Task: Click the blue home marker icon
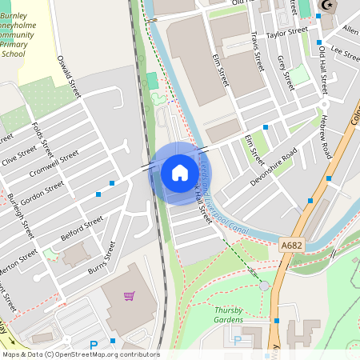[x=179, y=173]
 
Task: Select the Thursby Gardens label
[x=228, y=314]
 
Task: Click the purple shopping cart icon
[x=129, y=296]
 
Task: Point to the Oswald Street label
[x=70, y=77]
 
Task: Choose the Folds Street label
[x=41, y=139]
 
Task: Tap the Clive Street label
[x=19, y=153]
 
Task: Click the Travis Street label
[x=257, y=51]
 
